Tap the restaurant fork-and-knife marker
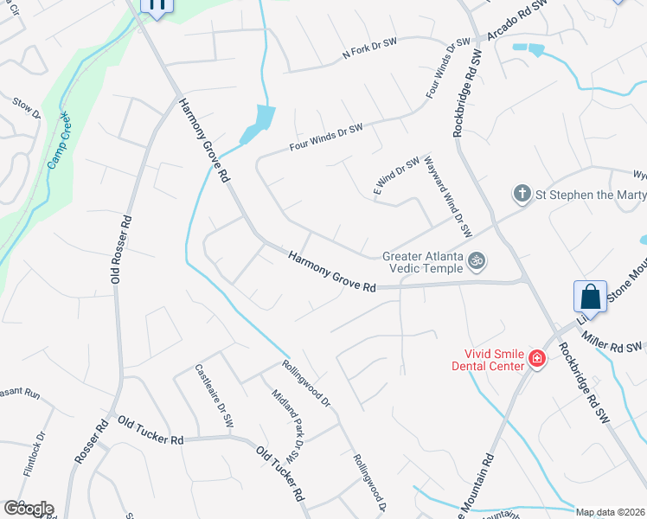click(157, 5)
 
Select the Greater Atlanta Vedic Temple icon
click(476, 260)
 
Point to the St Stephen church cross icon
click(522, 194)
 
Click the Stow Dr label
click(27, 108)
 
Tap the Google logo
click(28, 509)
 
